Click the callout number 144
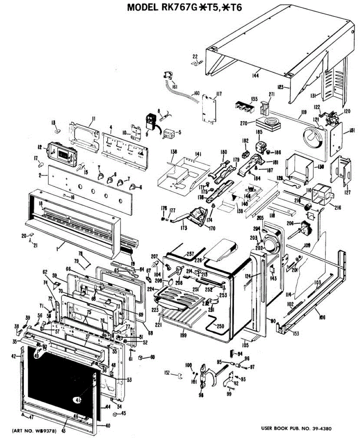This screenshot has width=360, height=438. pos(255,76)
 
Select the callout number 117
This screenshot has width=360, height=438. pos(219,94)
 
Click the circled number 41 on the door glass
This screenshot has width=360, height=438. pos(77,400)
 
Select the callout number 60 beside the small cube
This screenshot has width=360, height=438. pos(152,357)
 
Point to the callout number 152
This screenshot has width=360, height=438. pos(167,373)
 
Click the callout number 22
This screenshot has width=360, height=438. pos(195,56)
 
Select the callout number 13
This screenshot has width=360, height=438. pos(53,122)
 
